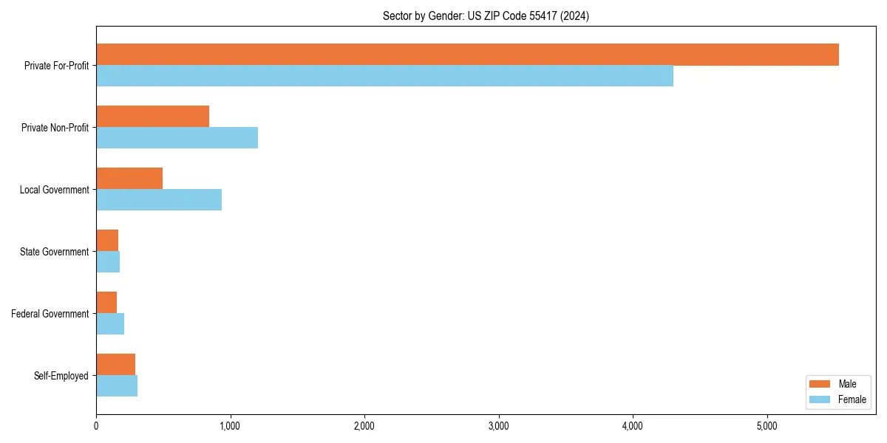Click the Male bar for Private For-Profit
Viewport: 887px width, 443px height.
pyautogui.click(x=467, y=55)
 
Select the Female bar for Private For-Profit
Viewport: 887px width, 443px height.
pyautogui.click(x=384, y=76)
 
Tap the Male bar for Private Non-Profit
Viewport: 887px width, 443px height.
pyautogui.click(x=152, y=117)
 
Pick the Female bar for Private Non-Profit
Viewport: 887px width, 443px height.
pyautogui.click(x=177, y=138)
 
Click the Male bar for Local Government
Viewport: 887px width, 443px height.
pyautogui.click(x=129, y=179)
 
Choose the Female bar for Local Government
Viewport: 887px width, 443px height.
pyautogui.click(x=159, y=200)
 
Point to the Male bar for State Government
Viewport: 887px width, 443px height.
pyautogui.click(x=107, y=241)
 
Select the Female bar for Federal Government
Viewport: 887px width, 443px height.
pyautogui.click(x=110, y=324)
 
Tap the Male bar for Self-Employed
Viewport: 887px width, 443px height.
pyautogui.click(x=115, y=365)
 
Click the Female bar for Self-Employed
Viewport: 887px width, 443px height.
pyautogui.click(x=117, y=386)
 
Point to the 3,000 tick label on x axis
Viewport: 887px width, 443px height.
pyautogui.click(x=499, y=426)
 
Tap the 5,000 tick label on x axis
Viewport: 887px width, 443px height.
pyautogui.click(x=767, y=426)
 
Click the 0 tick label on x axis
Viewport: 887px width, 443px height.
pyautogui.click(x=96, y=426)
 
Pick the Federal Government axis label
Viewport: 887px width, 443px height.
pyautogui.click(x=50, y=314)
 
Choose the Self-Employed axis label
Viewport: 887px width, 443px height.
pyautogui.click(x=61, y=376)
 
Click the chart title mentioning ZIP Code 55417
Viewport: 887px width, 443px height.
pyautogui.click(x=486, y=16)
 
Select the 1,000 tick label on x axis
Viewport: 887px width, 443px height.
pyautogui.click(x=230, y=426)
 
